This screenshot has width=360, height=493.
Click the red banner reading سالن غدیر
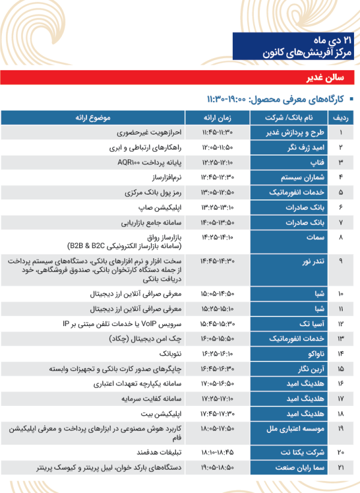pyautogui.click(x=180, y=77)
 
